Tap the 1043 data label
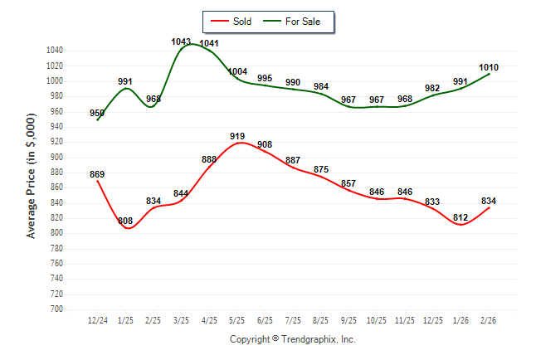coord(181,41)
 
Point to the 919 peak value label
coord(237,135)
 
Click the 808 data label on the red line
coord(125,221)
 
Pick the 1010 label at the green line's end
coord(489,67)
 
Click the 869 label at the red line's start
coord(97,174)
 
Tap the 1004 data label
coord(237,71)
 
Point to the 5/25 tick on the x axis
coord(237,319)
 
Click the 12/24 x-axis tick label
coord(97,319)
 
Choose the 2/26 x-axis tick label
coord(489,319)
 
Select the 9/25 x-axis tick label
coord(349,319)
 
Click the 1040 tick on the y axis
coord(55,51)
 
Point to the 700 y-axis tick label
coord(57,309)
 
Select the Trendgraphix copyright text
coord(292,339)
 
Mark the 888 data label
coord(209,159)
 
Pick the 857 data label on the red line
coord(349,183)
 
